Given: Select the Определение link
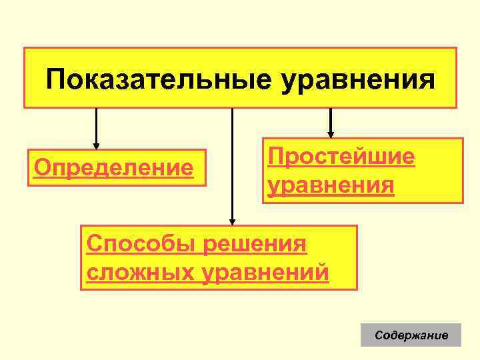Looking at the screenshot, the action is click(114, 167).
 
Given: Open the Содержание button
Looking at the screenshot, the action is click(411, 335).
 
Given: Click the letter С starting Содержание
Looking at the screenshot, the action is click(379, 335).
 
